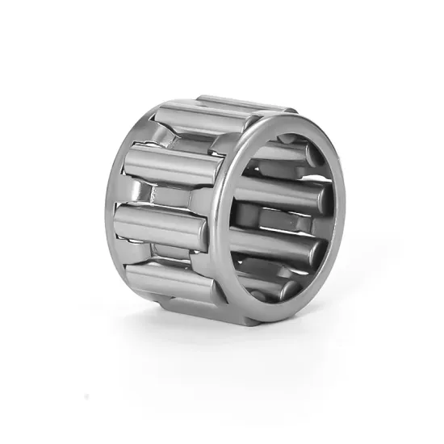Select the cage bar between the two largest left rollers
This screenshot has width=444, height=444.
(161, 195)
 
